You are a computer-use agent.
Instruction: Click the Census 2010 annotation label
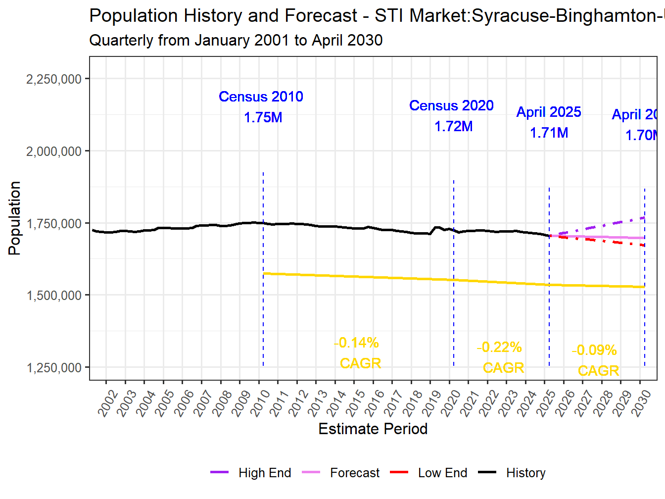[x=261, y=97]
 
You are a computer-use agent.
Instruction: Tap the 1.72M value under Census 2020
[x=453, y=127]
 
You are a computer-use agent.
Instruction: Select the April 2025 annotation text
[x=548, y=112]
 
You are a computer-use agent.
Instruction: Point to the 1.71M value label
[x=549, y=133]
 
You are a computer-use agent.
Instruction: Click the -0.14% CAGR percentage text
[x=357, y=343]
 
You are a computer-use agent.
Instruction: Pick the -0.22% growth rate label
[x=499, y=347]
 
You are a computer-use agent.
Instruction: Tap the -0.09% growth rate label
[x=594, y=350]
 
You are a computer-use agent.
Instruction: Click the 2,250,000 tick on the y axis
[x=53, y=79]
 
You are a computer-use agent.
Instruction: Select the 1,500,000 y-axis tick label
[x=53, y=296]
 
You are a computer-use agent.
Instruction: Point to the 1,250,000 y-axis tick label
[x=53, y=368]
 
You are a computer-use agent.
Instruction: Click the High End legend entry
[x=264, y=473]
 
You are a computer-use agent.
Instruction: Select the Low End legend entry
[x=442, y=473]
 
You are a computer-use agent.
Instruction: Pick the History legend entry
[x=525, y=473]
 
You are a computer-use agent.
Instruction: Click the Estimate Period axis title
[x=373, y=429]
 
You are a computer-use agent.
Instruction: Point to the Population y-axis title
[x=15, y=218]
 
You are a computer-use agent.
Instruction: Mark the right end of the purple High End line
[x=644, y=217]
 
